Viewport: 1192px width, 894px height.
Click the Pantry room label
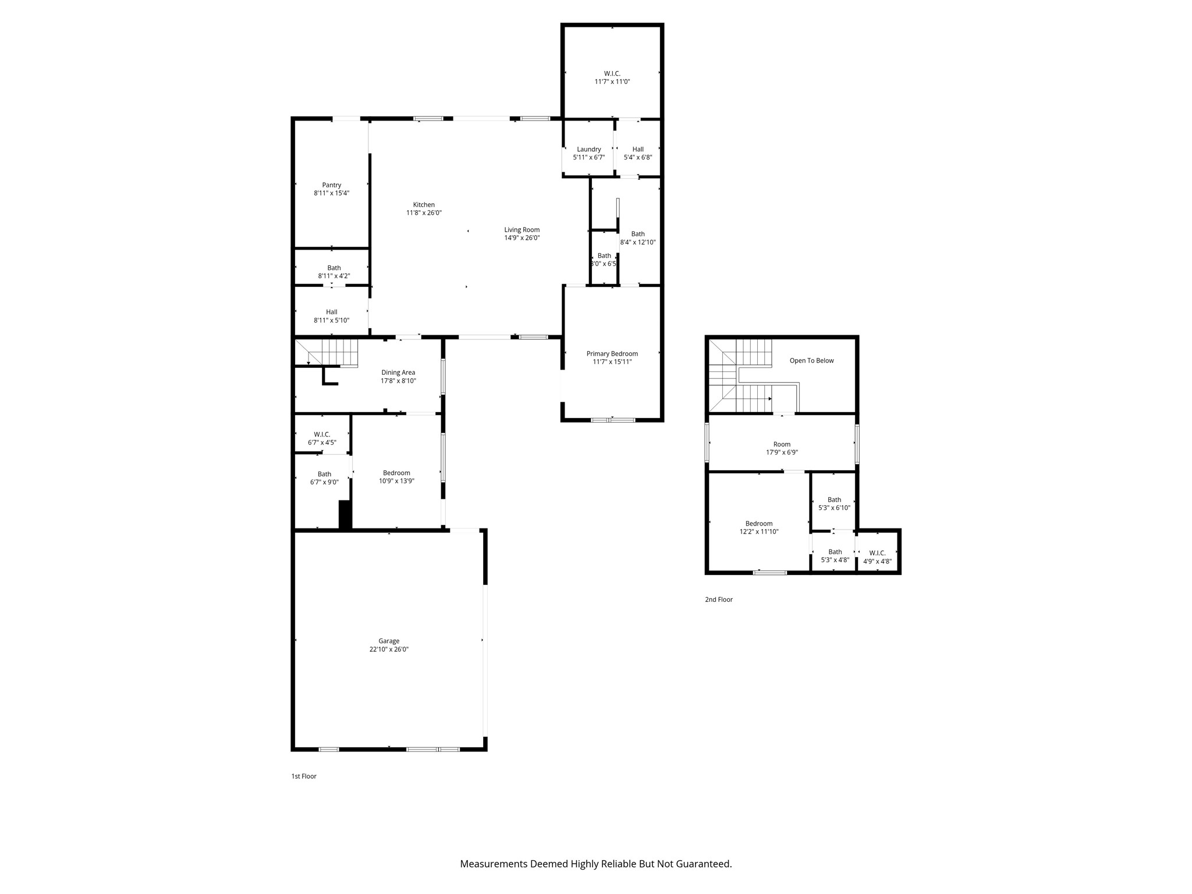tap(331, 185)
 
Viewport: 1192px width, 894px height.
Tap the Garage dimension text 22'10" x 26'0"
tap(389, 649)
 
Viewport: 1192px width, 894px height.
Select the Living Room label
tap(521, 230)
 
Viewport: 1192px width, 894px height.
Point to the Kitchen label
tap(424, 205)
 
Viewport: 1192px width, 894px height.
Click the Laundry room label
tap(588, 150)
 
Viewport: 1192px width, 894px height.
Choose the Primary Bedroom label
tap(612, 354)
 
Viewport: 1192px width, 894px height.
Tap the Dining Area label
tap(398, 372)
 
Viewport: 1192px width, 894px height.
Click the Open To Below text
tap(811, 361)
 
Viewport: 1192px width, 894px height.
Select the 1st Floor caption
tap(304, 776)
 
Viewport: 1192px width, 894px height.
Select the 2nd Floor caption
tap(718, 599)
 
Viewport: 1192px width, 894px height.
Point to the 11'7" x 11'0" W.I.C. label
tap(612, 77)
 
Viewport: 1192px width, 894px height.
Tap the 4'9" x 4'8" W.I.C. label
tap(877, 557)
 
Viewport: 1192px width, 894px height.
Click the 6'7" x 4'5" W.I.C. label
tap(322, 438)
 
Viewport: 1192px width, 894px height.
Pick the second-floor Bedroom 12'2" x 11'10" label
tap(759, 527)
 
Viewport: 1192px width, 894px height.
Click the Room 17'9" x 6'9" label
tap(782, 448)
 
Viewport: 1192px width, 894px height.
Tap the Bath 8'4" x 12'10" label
tap(638, 238)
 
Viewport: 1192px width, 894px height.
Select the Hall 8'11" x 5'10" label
tap(331, 316)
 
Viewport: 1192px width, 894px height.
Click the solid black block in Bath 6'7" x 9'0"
tap(345, 515)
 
